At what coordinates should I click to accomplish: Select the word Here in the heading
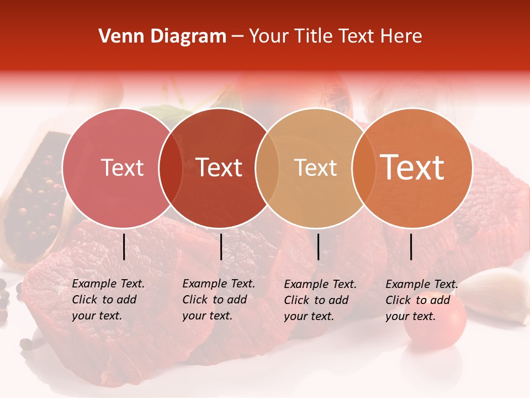click(x=402, y=36)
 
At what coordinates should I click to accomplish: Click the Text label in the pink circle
click(x=122, y=167)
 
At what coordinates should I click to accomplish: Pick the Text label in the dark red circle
click(x=219, y=167)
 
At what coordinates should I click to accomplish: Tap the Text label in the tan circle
click(x=315, y=167)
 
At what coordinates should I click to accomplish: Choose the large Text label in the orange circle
click(x=412, y=167)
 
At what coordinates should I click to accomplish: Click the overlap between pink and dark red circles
click(x=171, y=167)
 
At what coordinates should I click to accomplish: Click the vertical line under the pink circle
click(x=124, y=247)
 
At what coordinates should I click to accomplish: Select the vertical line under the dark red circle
click(x=221, y=247)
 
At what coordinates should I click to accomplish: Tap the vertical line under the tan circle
click(x=319, y=247)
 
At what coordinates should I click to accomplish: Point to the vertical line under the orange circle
click(x=411, y=247)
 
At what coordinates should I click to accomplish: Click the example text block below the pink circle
click(x=108, y=300)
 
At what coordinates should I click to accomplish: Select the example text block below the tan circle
click(x=320, y=300)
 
